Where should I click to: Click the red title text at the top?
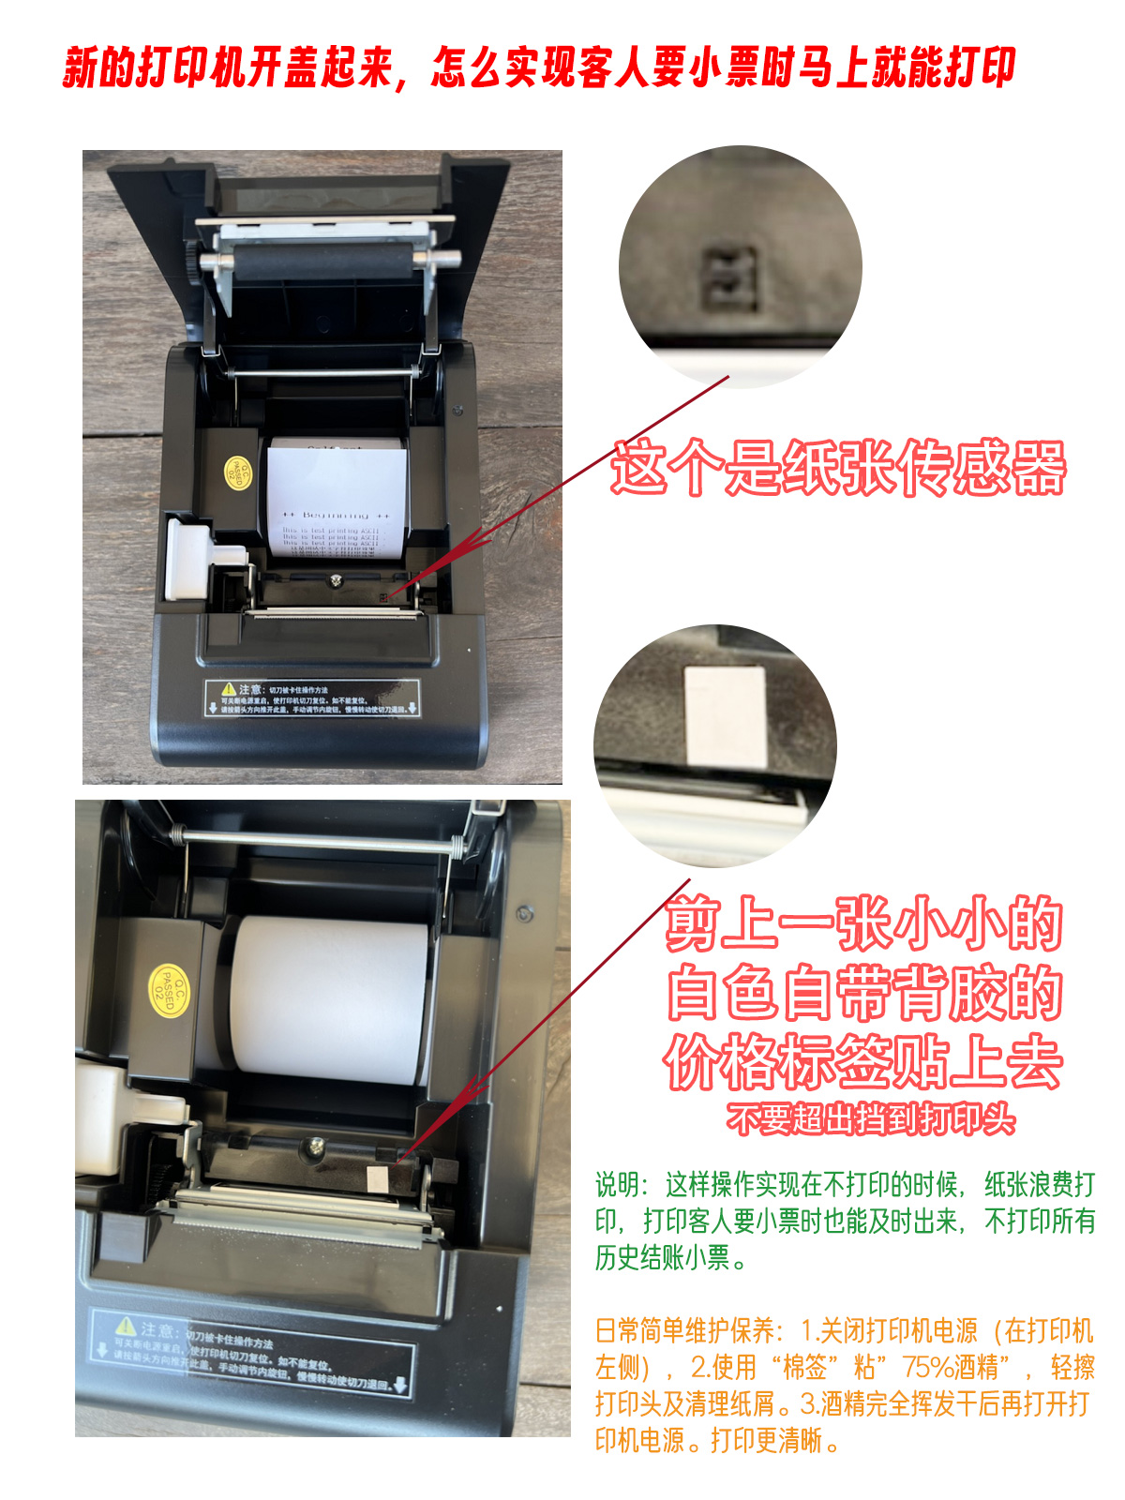539,67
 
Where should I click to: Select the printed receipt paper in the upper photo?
335,497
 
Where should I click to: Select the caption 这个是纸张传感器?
839,467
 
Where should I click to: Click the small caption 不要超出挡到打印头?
870,1118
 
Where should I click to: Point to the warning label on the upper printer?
311,698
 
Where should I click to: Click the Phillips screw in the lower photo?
315,1145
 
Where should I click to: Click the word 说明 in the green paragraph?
620,1185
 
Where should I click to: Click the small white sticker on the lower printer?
377,1181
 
